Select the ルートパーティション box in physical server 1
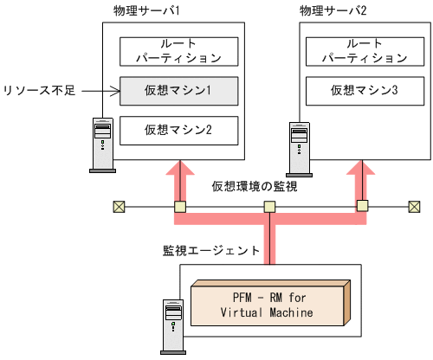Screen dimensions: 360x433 [x=178, y=52]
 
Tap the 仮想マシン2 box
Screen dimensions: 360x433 [x=178, y=131]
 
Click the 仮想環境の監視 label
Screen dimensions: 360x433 [x=255, y=187]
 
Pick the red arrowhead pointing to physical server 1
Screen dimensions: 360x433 [x=179, y=171]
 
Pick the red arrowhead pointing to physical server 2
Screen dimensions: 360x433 [x=362, y=171]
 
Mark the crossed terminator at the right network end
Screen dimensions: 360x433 [x=415, y=207]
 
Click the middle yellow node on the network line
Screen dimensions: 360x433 [x=270, y=207]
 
